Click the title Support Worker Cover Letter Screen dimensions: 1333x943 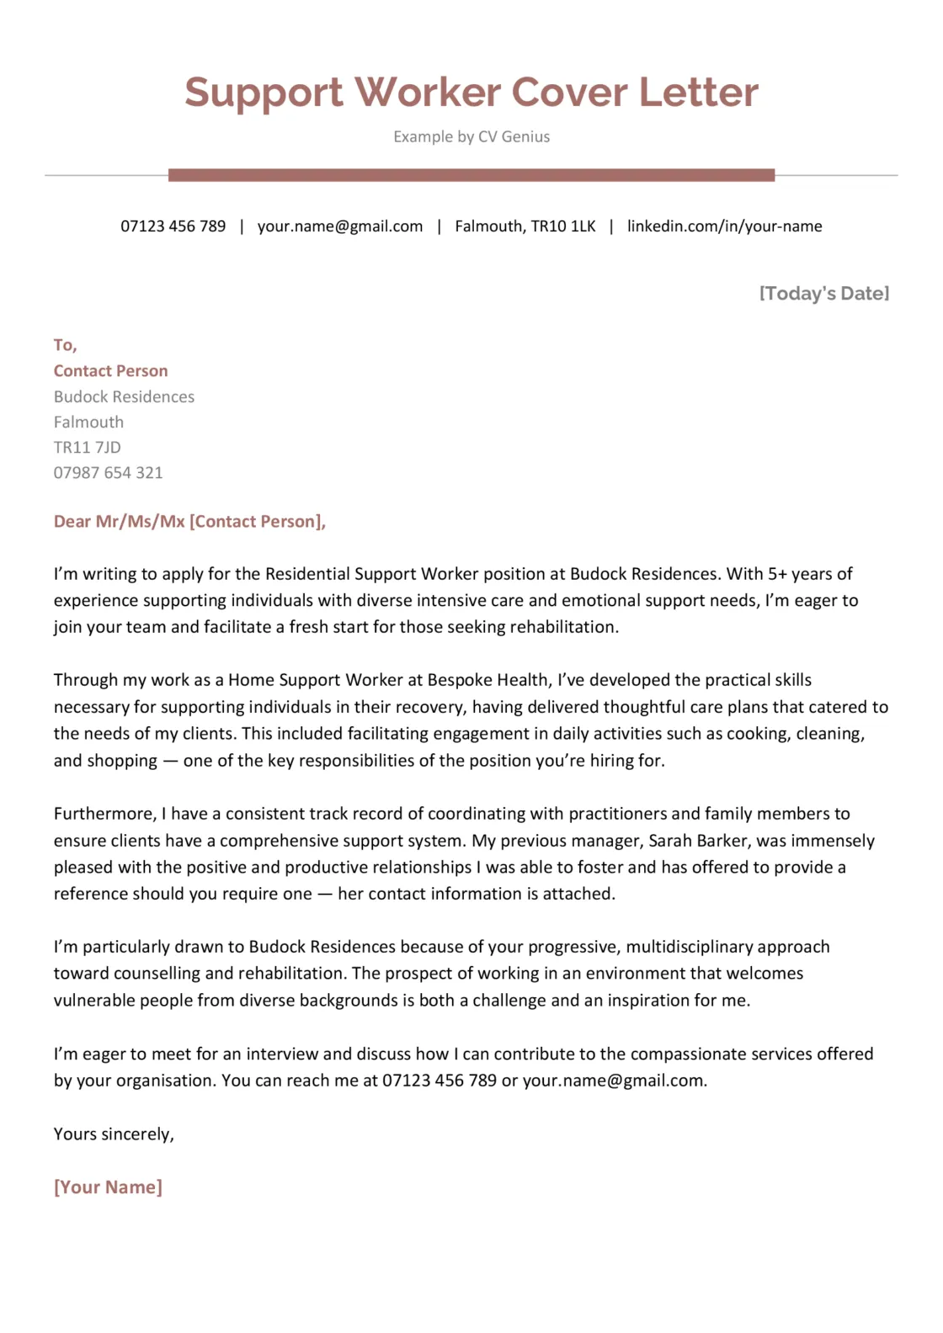[x=471, y=93]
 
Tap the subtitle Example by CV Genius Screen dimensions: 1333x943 [x=471, y=137]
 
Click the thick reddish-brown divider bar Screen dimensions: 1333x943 [x=471, y=175]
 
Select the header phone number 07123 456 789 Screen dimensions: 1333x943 [x=173, y=226]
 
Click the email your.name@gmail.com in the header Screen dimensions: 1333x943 [x=340, y=226]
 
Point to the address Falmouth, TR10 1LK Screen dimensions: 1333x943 [x=525, y=226]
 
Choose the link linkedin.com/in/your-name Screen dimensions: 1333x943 [x=724, y=226]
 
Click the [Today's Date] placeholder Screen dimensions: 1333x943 [x=823, y=294]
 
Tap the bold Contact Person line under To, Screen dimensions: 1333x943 [x=110, y=371]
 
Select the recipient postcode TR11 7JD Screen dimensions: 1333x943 [x=88, y=448]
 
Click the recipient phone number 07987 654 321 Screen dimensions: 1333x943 [x=108, y=473]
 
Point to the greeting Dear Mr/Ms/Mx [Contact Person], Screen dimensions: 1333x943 [x=189, y=522]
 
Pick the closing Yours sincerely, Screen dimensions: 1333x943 [x=114, y=1134]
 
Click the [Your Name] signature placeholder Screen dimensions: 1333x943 [x=108, y=1187]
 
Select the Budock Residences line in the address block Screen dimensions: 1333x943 [x=124, y=397]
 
